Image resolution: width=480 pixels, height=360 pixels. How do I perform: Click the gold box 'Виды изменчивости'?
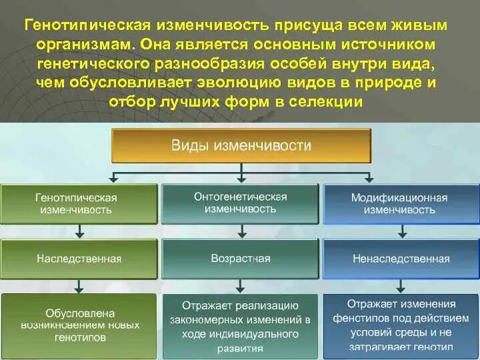[x=241, y=145]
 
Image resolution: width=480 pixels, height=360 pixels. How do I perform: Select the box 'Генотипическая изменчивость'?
[x=79, y=203]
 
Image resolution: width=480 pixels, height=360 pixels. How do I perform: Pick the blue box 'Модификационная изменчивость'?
[x=400, y=203]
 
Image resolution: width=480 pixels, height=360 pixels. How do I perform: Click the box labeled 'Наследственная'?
[x=79, y=258]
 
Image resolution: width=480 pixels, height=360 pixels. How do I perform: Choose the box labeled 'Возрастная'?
[x=241, y=258]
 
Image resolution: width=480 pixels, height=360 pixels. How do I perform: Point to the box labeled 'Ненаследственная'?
[x=400, y=258]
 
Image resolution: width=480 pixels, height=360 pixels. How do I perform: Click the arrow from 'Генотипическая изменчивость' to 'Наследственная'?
[x=80, y=231]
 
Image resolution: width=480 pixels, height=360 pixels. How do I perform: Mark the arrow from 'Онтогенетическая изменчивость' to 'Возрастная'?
[x=243, y=231]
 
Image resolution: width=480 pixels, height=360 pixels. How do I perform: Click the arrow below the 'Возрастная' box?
[x=243, y=285]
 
